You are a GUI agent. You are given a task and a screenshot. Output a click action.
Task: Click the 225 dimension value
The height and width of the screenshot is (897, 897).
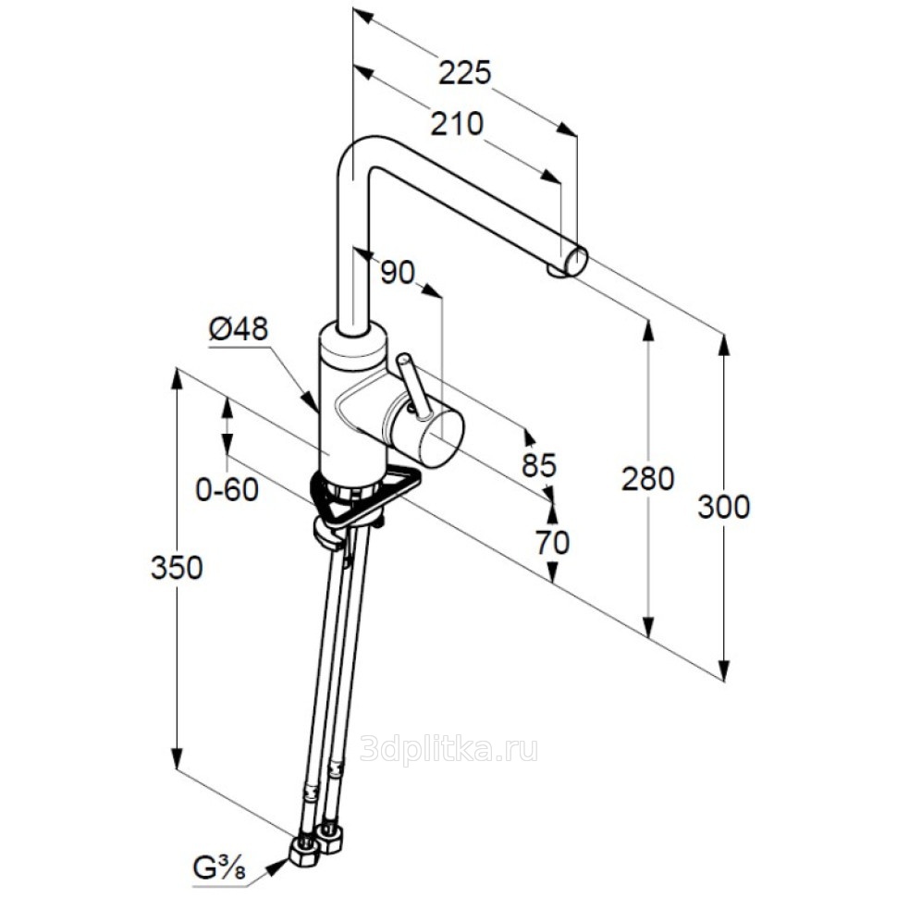(464, 72)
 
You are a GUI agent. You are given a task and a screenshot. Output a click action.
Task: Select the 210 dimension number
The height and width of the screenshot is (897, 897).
(457, 123)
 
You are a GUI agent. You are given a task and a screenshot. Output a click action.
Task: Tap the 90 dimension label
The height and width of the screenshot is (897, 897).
(397, 272)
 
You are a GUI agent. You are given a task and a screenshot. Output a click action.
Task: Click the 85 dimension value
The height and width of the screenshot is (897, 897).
(539, 465)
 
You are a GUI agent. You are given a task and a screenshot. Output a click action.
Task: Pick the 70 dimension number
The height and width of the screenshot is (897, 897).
(552, 542)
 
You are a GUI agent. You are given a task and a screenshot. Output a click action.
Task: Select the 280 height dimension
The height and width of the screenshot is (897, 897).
(647, 479)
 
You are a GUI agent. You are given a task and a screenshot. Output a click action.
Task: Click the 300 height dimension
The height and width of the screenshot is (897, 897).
(723, 507)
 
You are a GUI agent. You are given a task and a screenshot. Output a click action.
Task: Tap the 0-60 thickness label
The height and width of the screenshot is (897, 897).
(227, 489)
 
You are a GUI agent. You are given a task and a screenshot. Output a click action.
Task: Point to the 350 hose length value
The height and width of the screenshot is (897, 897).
(177, 568)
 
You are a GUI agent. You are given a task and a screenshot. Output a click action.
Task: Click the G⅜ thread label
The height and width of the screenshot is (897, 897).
(218, 868)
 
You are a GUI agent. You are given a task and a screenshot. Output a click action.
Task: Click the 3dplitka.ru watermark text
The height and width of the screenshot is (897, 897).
(448, 749)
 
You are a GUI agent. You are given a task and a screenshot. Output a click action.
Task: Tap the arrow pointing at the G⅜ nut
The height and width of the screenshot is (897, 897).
(276, 866)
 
